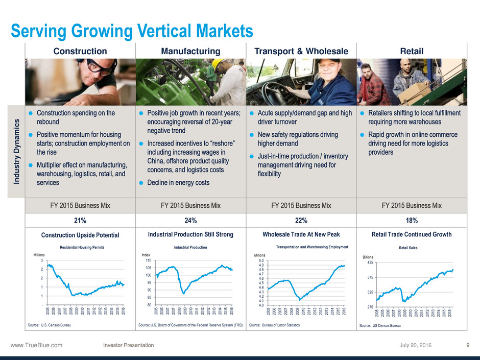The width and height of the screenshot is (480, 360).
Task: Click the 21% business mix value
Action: pyautogui.click(x=80, y=221)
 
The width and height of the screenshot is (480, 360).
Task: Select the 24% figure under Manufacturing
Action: pyautogui.click(x=190, y=221)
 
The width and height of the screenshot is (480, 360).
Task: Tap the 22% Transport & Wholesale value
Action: pyautogui.click(x=301, y=221)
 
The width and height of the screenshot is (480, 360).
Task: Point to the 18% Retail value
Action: pyautogui.click(x=412, y=221)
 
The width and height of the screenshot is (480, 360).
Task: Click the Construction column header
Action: pyautogui.click(x=80, y=51)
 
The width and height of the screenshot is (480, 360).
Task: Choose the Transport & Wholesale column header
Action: pyautogui.click(x=301, y=51)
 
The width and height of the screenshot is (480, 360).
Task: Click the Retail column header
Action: pyautogui.click(x=412, y=51)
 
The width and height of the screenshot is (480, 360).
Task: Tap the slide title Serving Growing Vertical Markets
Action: pyautogui.click(x=132, y=31)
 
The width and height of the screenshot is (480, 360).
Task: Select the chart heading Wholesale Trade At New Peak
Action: pyautogui.click(x=301, y=234)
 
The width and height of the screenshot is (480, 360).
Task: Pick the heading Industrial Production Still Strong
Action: pyautogui.click(x=190, y=234)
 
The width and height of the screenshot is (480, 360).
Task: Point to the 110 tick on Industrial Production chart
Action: pyautogui.click(x=148, y=261)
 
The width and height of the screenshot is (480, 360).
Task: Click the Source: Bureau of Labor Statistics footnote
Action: pyautogui.click(x=274, y=325)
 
